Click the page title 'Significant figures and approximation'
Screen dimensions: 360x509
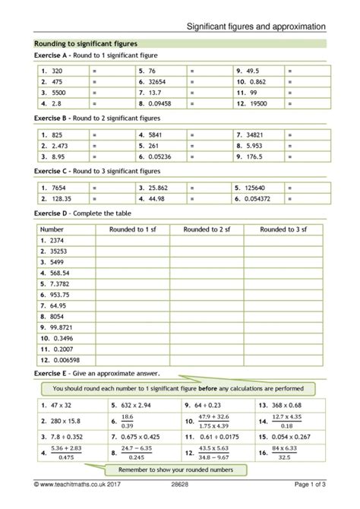tap(258, 26)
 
